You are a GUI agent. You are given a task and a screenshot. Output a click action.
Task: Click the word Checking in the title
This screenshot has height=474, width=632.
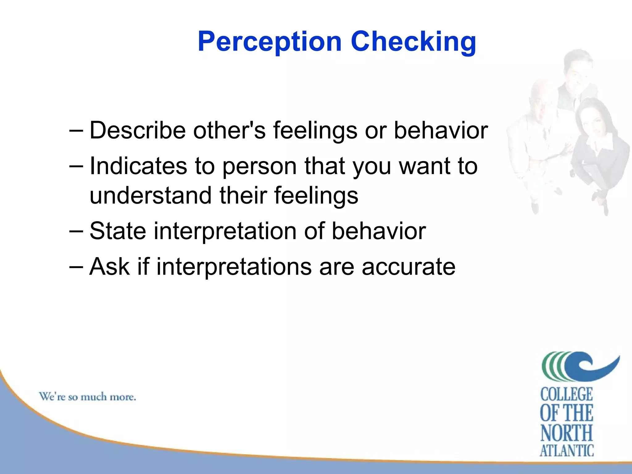(414, 42)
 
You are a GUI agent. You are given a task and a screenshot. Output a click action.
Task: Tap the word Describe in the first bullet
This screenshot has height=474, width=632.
(138, 130)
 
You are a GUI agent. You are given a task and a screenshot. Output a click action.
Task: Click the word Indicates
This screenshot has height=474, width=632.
(138, 166)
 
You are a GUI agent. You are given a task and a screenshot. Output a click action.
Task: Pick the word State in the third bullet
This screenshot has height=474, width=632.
(118, 231)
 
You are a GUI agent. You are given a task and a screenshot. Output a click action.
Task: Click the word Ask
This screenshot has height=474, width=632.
(109, 266)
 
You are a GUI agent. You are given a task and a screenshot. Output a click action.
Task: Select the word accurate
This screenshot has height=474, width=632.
(408, 267)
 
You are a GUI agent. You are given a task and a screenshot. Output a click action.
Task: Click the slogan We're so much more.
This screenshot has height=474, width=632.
(87, 397)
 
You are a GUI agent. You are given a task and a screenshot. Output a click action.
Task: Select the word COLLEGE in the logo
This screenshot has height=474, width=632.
(567, 395)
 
